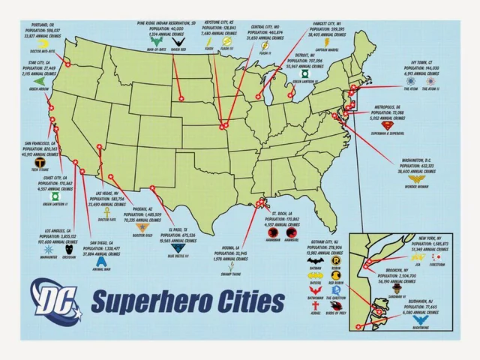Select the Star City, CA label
pyautogui.click(x=37, y=62)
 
